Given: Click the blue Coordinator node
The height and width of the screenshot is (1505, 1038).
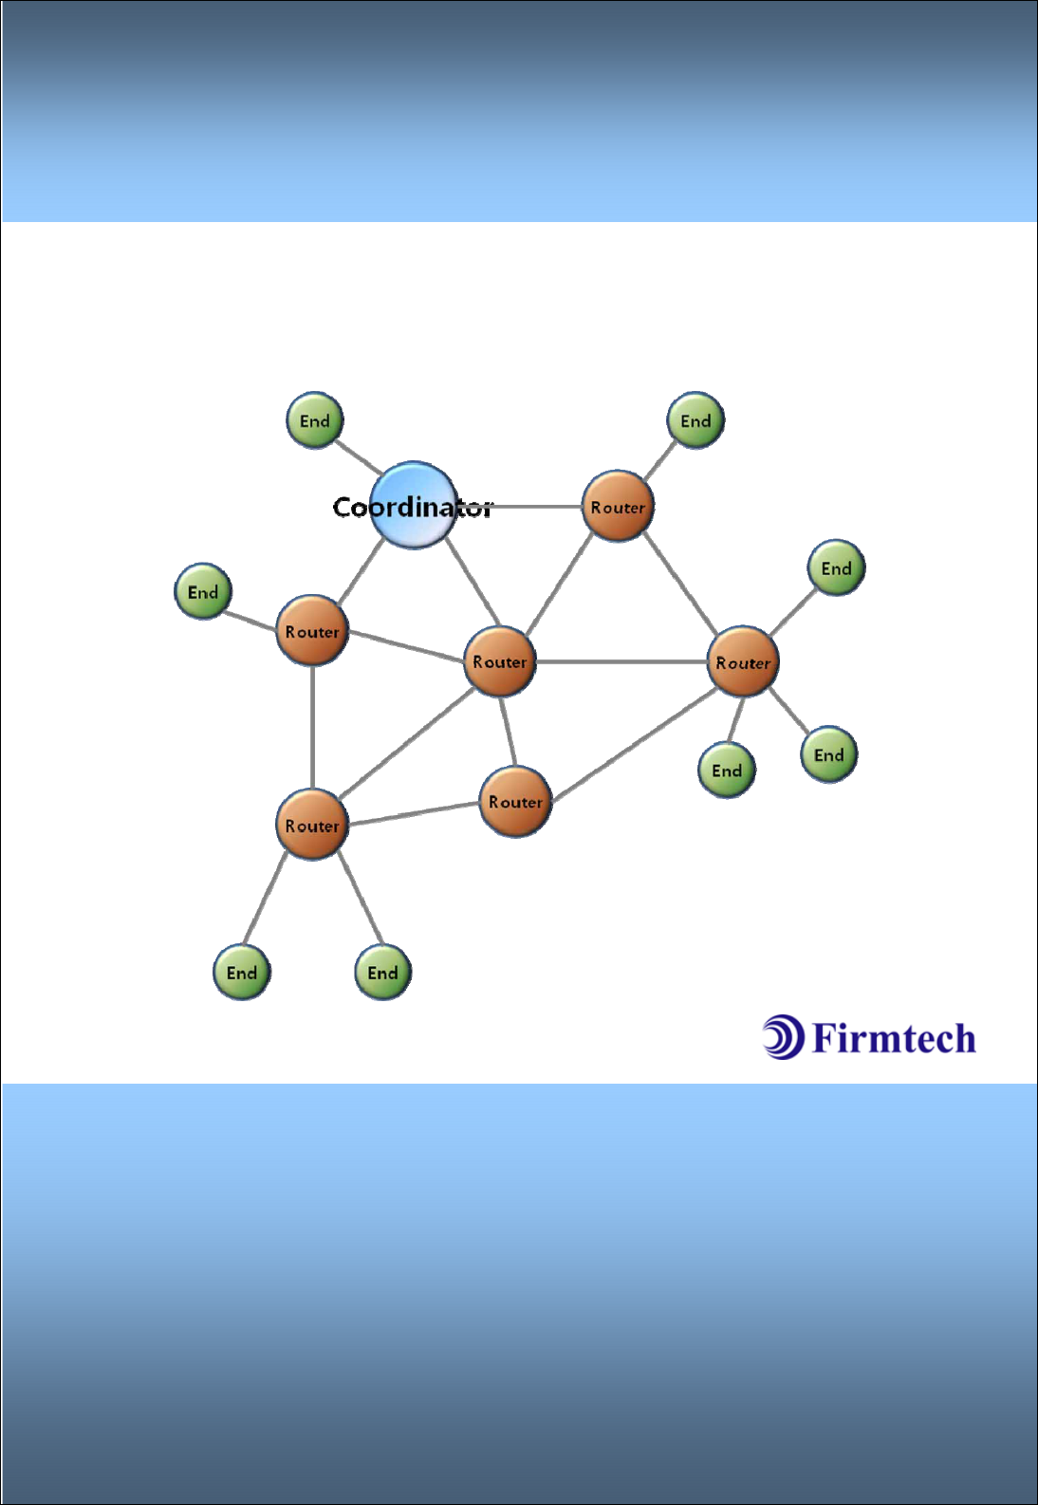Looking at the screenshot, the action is [414, 506].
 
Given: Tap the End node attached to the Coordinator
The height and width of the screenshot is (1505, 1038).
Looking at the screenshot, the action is [314, 420].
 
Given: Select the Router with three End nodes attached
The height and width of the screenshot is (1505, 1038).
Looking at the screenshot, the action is [742, 662].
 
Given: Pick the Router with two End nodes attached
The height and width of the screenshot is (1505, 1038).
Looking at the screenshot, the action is [311, 825].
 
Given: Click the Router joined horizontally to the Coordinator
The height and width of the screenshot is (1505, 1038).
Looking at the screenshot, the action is [618, 507].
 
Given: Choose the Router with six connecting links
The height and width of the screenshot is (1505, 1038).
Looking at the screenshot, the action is [499, 661].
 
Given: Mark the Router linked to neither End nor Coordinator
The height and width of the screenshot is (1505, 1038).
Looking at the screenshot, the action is [515, 802].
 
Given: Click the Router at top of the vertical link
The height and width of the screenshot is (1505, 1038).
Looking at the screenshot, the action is [312, 631].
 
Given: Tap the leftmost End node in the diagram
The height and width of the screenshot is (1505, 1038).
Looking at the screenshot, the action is [203, 592].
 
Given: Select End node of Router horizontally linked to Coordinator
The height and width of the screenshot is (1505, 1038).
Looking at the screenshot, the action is [695, 420].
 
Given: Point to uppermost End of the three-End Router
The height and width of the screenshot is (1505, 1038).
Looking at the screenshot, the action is [836, 568].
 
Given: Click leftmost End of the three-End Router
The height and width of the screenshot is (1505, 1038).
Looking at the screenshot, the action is [727, 771].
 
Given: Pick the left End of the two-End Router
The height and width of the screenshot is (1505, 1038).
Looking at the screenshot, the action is [242, 973].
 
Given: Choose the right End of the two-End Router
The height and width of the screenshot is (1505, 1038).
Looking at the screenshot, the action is [382, 973].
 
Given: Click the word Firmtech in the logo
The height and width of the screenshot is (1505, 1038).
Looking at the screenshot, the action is [894, 1039].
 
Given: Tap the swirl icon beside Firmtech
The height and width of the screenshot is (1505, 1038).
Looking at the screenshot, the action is [783, 1036].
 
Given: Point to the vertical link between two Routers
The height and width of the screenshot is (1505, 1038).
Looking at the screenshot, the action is [312, 728].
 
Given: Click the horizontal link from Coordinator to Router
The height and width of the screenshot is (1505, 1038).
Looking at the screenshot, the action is [536, 507].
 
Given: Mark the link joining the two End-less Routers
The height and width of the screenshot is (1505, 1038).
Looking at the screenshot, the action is [508, 732].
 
